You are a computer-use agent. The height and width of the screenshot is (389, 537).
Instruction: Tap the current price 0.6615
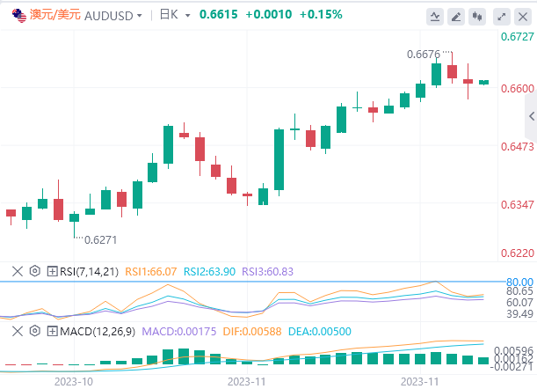[216, 16]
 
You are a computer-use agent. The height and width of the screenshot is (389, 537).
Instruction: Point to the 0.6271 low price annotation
[101, 239]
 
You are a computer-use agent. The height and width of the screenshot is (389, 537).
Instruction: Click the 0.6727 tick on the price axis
[516, 37]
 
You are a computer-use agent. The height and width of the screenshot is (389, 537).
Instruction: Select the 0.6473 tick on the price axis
[516, 146]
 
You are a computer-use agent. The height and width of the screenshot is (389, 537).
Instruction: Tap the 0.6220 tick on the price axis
[516, 253]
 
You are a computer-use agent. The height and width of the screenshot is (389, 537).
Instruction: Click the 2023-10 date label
[74, 381]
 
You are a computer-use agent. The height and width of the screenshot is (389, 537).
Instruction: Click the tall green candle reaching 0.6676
[436, 74]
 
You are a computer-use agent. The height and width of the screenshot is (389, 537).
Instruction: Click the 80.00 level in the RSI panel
[519, 282]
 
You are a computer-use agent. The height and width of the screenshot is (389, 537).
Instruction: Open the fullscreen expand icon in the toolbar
[501, 16]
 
